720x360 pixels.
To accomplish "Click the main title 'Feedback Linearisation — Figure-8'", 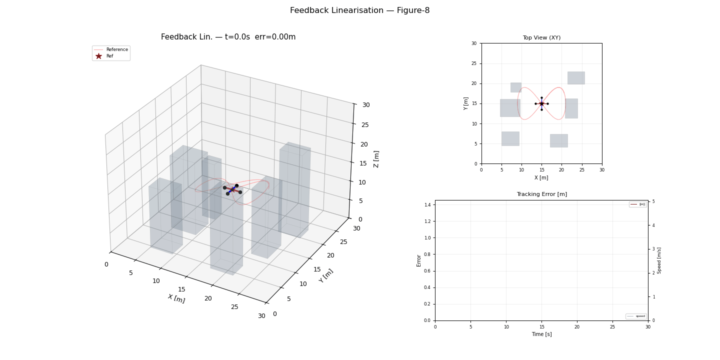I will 359,10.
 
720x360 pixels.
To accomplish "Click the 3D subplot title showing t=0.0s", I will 228,37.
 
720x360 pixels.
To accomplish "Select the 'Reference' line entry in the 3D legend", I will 116,49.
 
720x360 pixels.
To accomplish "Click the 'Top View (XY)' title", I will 541,38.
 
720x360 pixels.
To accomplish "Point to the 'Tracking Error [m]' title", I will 541,194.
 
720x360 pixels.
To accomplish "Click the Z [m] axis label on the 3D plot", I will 376,159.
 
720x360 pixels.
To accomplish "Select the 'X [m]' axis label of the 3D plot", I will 176,298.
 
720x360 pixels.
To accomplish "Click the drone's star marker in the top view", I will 541,103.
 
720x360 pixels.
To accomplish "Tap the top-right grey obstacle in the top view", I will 575,77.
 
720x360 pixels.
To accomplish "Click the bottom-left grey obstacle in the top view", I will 510,138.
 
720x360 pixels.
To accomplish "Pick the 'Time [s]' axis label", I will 541,334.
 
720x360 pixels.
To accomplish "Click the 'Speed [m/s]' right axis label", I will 659,260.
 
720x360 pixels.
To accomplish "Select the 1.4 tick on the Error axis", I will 427,205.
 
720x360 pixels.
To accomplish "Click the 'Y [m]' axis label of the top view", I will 466,103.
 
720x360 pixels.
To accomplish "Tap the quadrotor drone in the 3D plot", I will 232,189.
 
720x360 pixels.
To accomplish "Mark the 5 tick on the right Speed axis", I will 653,201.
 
